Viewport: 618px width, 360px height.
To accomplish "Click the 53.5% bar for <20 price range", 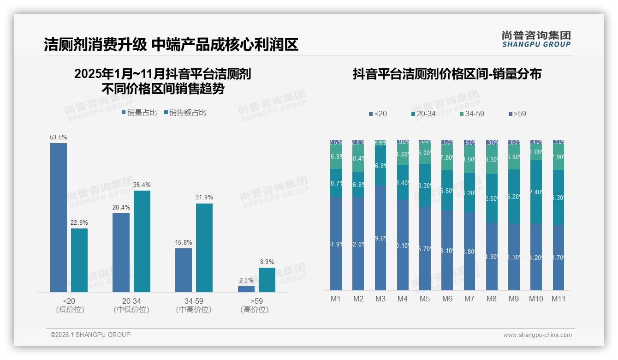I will tap(59, 217).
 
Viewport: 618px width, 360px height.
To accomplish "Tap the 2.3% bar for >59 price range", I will tap(246, 289).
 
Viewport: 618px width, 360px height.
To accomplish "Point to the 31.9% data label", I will tap(204, 197).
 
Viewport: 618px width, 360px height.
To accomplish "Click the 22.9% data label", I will tap(79, 222).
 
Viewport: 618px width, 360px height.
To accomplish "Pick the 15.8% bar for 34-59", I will tap(184, 270).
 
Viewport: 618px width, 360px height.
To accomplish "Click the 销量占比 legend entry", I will tap(139, 112).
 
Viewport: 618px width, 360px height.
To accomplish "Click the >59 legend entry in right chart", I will tap(517, 114).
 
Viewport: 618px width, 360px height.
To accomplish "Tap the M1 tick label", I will tap(336, 299).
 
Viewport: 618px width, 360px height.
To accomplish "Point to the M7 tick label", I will tap(469, 299).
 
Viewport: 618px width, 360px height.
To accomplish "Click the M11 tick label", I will tap(559, 299).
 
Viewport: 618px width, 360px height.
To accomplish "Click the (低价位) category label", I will tap(70, 310).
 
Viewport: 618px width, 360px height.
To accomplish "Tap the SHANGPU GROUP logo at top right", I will tap(536, 39).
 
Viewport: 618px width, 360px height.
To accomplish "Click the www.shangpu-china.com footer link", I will tap(537, 335).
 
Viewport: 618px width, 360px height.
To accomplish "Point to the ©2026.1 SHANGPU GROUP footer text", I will tap(90, 335).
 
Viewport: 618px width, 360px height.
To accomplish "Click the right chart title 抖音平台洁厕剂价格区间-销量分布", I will tap(447, 74).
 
